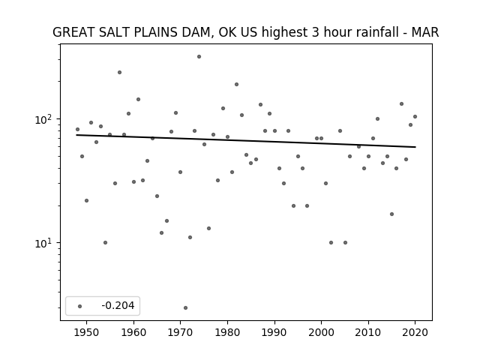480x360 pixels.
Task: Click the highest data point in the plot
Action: (x=199, y=57)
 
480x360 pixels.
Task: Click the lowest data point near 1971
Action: (x=185, y=308)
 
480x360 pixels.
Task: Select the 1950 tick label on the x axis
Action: (x=87, y=333)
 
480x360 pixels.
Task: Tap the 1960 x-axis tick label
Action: (x=133, y=333)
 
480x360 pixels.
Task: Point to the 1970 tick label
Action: (x=181, y=333)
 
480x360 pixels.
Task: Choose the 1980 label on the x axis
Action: (x=227, y=333)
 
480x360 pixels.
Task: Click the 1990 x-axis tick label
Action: (x=274, y=333)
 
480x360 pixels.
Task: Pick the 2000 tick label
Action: (x=322, y=333)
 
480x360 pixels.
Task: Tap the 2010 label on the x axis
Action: (x=368, y=333)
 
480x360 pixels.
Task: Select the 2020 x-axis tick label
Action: (x=415, y=333)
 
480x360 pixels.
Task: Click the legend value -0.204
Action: (x=118, y=305)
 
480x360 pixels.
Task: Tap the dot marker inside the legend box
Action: (x=79, y=306)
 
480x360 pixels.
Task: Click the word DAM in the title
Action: (x=198, y=32)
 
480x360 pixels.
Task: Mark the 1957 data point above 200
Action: (x=119, y=73)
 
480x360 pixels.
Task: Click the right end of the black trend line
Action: (x=415, y=147)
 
